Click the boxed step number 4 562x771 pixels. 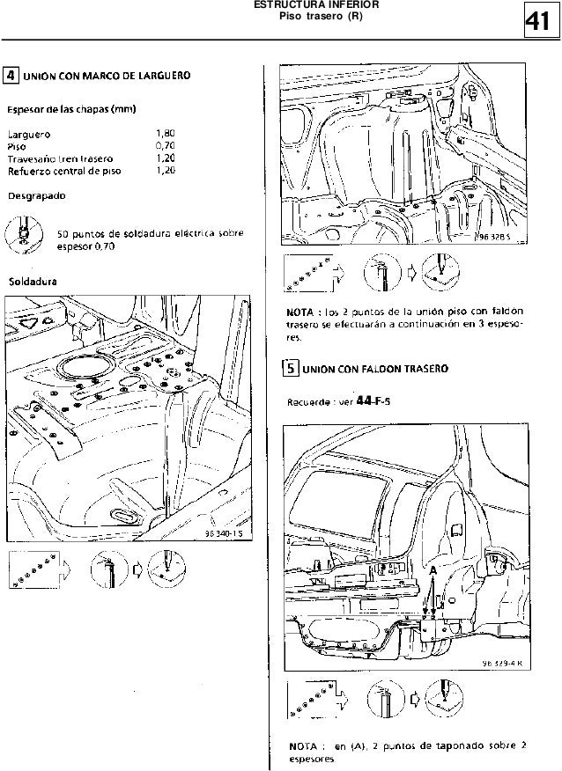click(11, 77)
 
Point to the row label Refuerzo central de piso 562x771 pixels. click(63, 172)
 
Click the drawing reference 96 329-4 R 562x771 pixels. click(503, 664)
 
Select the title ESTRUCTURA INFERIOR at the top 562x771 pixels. click(304, 5)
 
